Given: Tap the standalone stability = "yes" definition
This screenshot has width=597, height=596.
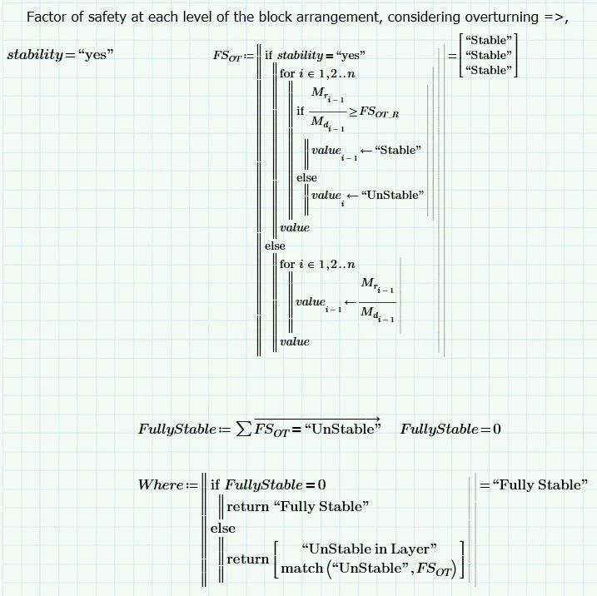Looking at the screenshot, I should tap(60, 55).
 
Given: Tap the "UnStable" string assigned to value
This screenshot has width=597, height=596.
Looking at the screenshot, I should tap(394, 195).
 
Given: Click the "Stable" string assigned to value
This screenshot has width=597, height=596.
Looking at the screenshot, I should tap(397, 150).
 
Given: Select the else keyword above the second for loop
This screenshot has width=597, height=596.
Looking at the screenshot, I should tap(274, 246).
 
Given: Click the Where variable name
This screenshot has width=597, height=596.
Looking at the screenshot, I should tap(160, 484).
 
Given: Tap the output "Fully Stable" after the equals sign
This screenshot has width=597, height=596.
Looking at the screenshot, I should tap(539, 485).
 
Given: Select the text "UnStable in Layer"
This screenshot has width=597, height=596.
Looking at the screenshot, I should tap(371, 549).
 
